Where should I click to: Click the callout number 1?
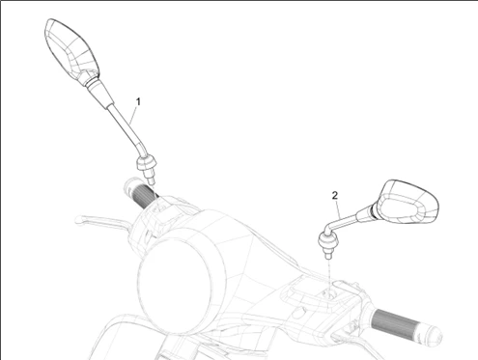138,101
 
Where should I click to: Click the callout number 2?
335,195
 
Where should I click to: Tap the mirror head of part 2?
408,202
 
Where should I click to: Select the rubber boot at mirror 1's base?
147,163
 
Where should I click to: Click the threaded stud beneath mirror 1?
150,178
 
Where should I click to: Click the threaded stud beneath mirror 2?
328,254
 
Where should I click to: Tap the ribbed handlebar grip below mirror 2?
395,322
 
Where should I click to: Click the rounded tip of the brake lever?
79,220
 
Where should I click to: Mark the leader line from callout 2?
338,209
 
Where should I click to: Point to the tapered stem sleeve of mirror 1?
98,93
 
